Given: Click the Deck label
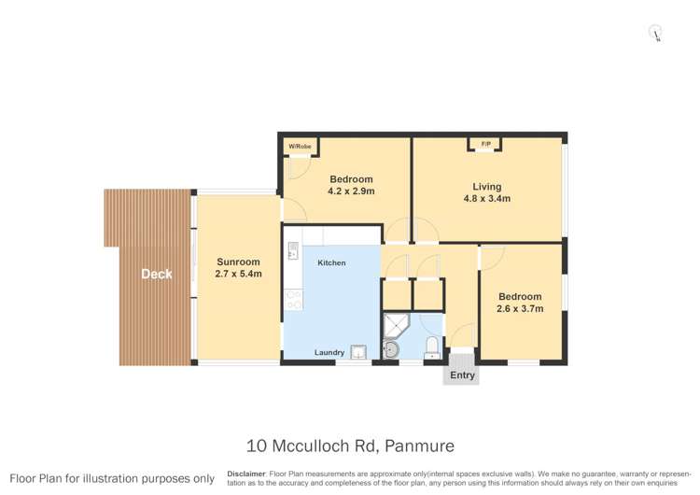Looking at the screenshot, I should (x=157, y=274).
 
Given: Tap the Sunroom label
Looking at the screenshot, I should (x=238, y=262).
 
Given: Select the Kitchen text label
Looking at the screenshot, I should (x=331, y=263).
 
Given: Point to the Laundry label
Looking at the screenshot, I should (x=329, y=352).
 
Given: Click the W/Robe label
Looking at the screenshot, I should (x=299, y=147).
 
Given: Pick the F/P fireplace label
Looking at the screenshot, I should (x=485, y=143).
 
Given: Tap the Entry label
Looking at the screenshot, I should (x=462, y=375).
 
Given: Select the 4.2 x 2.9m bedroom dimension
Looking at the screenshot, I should (x=351, y=191).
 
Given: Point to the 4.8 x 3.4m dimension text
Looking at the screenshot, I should (x=487, y=199).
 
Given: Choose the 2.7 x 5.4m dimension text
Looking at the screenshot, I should (x=238, y=274).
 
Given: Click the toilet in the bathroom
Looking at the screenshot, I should (x=432, y=348).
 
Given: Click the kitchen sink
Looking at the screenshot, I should (x=293, y=250).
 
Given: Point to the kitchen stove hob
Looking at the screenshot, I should (x=293, y=300).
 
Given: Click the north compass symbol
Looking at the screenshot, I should (x=657, y=34).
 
